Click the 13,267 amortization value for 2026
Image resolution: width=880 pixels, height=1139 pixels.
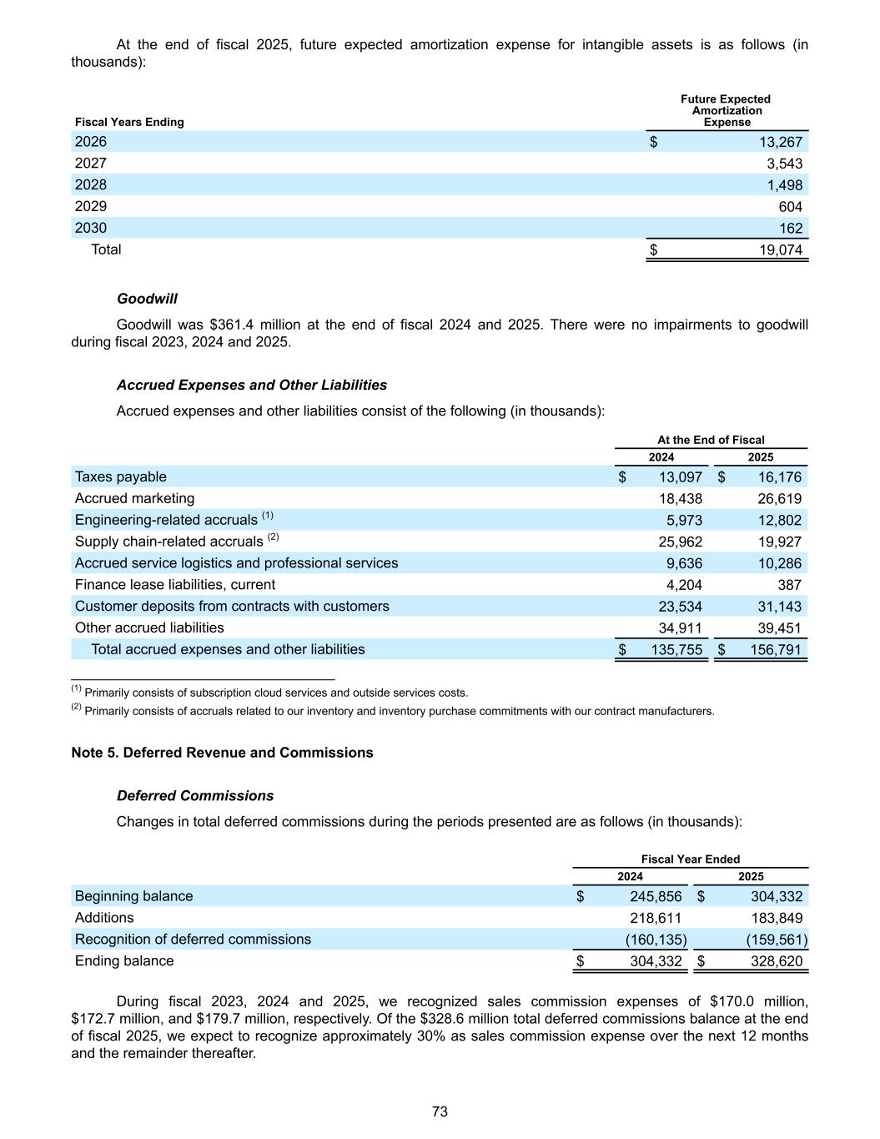pos(780,142)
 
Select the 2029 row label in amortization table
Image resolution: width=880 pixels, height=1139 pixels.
pos(91,206)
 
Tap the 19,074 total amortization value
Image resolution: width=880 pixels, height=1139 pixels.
pos(780,249)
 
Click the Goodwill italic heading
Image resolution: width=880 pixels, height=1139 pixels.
pos(147,299)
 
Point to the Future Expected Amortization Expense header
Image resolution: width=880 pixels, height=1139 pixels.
pos(726,110)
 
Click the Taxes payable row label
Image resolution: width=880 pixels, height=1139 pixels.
pos(121,477)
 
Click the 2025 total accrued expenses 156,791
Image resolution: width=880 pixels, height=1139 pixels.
pos(776,649)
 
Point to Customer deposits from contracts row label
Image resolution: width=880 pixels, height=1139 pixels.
pos(232,607)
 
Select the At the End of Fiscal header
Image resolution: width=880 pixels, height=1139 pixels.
pos(711,440)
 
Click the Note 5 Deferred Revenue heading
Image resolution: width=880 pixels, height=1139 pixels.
pos(223,753)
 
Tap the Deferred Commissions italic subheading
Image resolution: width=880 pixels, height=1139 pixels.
pos(195,796)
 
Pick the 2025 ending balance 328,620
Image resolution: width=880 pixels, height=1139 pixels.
pos(776,961)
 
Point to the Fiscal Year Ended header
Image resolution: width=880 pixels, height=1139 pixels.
pos(691,859)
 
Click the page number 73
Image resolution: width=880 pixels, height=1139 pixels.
pos(440,1111)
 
